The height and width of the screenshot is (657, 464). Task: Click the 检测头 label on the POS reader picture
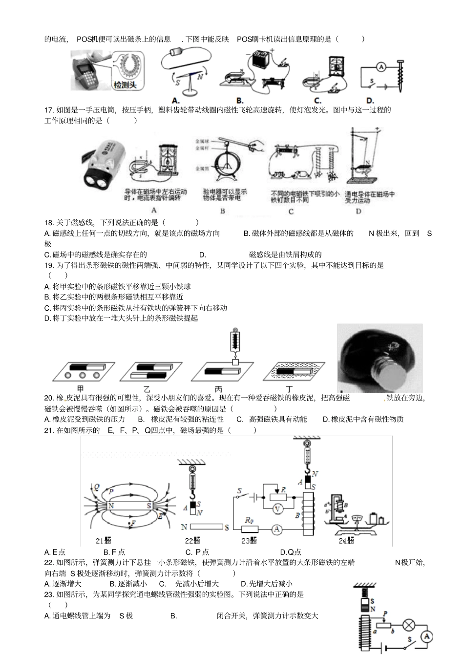[125, 85]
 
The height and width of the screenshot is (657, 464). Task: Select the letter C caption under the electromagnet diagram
[291, 212]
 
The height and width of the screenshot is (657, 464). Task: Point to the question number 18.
[48, 222]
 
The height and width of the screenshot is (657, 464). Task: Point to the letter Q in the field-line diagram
[97, 487]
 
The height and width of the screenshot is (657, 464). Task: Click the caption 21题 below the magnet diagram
[104, 541]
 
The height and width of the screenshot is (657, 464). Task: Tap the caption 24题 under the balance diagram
[346, 541]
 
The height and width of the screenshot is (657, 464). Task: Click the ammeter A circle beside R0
[277, 529]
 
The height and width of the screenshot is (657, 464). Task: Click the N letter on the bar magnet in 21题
[111, 506]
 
